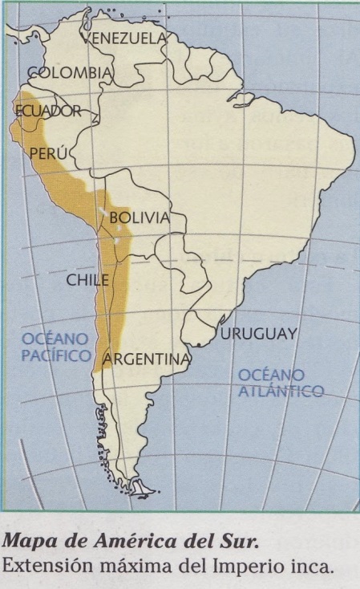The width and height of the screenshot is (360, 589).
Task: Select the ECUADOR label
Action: [x=49, y=111]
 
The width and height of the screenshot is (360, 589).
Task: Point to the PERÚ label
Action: [x=46, y=152]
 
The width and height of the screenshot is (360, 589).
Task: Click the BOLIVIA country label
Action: [x=140, y=217]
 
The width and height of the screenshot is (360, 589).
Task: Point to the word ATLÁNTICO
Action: [x=281, y=391]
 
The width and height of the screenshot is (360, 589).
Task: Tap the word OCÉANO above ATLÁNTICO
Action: [x=271, y=375]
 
